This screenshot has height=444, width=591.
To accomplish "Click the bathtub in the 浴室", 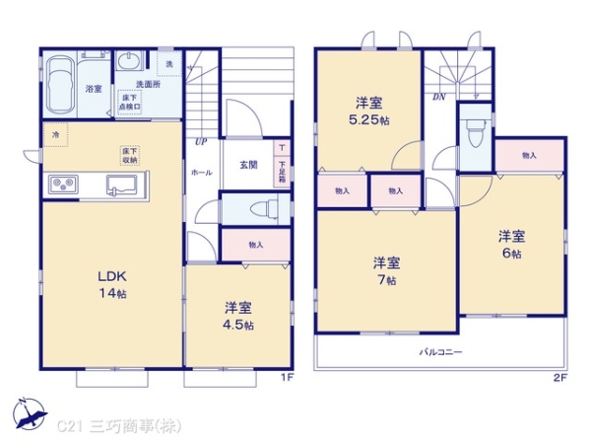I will (x=60, y=84).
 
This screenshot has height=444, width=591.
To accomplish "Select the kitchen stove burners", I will (x=62, y=185).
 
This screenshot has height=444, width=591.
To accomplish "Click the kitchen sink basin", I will (x=123, y=185).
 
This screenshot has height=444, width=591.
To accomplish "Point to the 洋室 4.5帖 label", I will (x=237, y=315).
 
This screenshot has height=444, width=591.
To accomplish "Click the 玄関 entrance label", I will (x=248, y=165).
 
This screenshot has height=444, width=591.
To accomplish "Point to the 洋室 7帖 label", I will (x=386, y=269).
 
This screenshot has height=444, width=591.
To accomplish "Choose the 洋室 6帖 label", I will (x=511, y=244).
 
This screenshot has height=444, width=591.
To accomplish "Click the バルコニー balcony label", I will (x=441, y=352).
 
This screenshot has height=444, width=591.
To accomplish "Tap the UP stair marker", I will (x=201, y=141).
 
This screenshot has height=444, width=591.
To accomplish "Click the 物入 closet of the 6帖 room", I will (x=530, y=155).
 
